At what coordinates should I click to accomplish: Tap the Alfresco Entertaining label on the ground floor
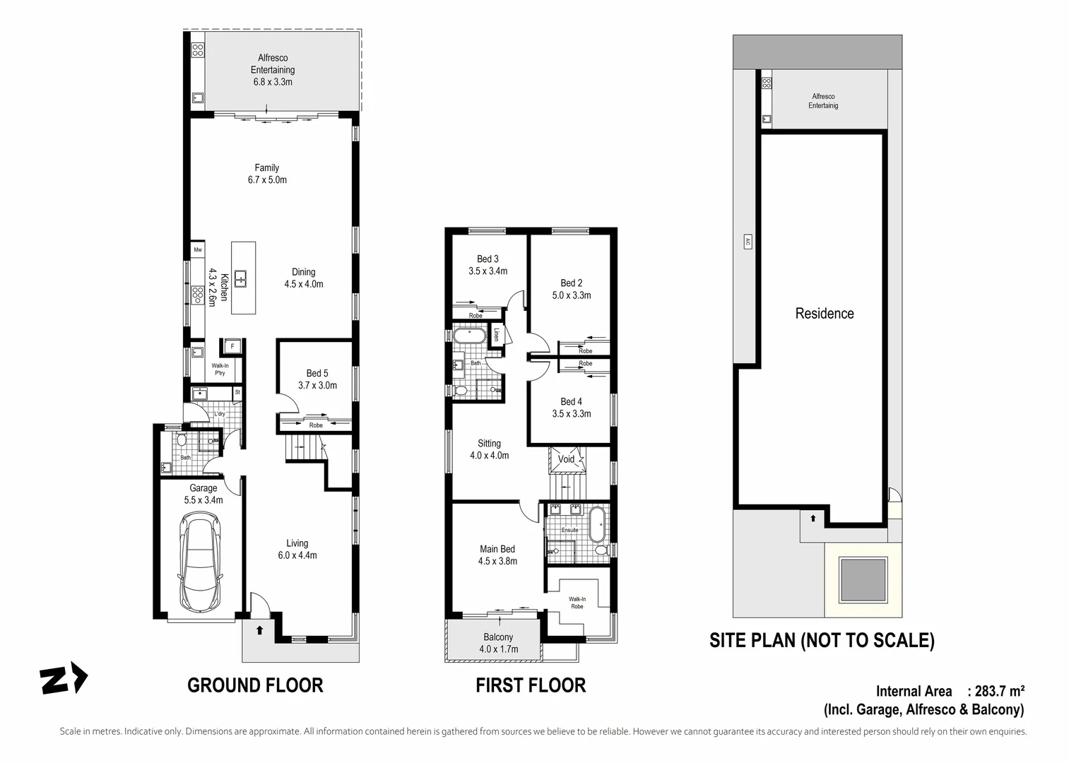click(273, 69)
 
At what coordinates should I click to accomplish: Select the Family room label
click(267, 174)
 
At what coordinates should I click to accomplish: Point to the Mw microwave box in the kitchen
click(198, 250)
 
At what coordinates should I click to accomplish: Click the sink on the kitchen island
click(242, 278)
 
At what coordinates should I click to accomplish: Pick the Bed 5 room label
click(317, 379)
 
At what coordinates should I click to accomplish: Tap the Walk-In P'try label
click(220, 369)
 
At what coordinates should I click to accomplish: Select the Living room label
click(297, 549)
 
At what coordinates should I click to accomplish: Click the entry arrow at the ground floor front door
click(259, 629)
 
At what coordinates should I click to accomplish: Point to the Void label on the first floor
click(566, 459)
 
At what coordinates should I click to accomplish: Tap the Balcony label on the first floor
click(499, 643)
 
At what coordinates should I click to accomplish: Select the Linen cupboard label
click(497, 335)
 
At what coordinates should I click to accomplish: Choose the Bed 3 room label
click(488, 265)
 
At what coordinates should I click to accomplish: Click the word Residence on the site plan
click(825, 314)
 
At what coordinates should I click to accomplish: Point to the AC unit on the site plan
click(747, 242)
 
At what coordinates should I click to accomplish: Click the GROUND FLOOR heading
click(255, 685)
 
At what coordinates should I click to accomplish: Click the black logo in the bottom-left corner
click(64, 680)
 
